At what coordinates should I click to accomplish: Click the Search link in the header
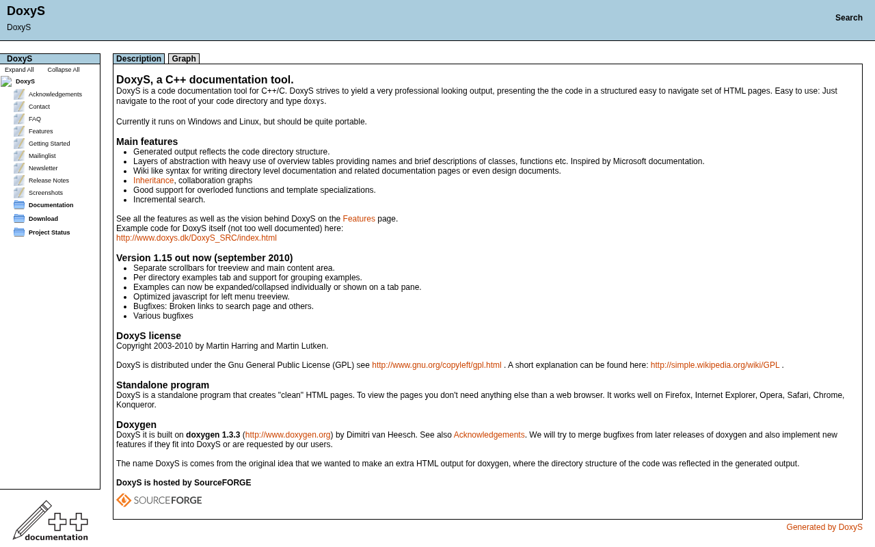click(x=848, y=18)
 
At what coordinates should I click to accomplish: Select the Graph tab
click(x=184, y=59)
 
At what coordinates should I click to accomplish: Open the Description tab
click(x=139, y=59)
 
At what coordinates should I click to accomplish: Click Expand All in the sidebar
click(x=19, y=70)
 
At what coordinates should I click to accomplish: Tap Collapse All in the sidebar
click(x=64, y=70)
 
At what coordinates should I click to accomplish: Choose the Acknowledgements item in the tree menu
click(x=55, y=94)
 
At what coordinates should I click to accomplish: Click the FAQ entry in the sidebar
click(x=35, y=119)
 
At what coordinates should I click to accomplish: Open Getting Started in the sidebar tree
click(x=49, y=144)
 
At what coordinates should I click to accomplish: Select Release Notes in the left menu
click(x=49, y=181)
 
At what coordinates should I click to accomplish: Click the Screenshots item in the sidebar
click(x=46, y=193)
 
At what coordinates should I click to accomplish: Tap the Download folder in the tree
click(x=43, y=219)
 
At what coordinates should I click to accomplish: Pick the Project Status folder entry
click(x=49, y=232)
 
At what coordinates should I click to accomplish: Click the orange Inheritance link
click(x=153, y=181)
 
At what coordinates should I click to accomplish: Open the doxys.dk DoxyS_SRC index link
click(x=196, y=238)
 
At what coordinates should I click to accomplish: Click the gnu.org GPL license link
click(x=436, y=365)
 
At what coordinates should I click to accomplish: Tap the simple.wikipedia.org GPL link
click(x=714, y=365)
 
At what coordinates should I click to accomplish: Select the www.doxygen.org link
click(x=288, y=435)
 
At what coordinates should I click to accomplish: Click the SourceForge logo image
click(x=159, y=501)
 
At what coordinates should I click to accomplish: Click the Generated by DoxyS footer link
click(x=824, y=527)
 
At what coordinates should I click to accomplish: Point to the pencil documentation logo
click(x=50, y=521)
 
